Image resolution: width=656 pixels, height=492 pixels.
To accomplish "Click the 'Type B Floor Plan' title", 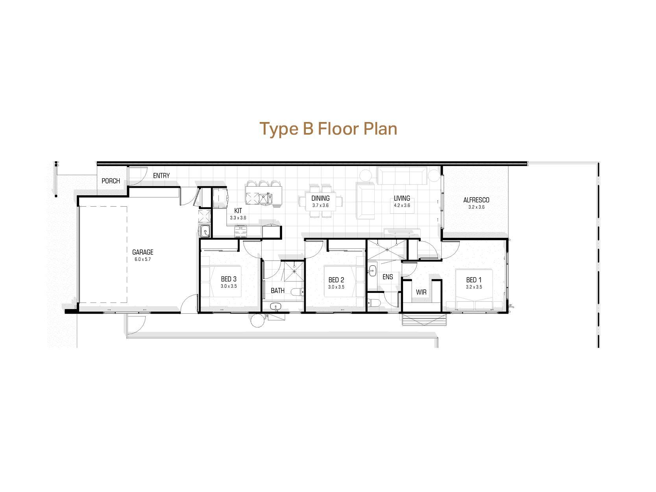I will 328,129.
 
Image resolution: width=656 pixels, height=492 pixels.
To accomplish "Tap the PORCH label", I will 111,181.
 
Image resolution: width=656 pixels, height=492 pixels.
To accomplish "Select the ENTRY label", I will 161,176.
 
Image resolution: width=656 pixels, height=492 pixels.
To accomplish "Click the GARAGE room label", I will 142,252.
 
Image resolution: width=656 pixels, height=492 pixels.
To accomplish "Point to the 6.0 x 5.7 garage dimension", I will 142,259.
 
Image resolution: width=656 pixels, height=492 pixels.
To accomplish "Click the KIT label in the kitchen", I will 238,211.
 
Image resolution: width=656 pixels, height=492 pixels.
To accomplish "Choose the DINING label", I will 320,198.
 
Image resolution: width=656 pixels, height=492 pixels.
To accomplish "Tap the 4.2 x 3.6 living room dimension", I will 402,205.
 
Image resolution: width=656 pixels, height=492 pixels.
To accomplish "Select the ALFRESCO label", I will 476,200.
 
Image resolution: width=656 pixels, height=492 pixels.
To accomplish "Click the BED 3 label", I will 229,279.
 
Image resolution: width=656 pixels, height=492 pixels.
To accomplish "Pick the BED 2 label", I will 336,280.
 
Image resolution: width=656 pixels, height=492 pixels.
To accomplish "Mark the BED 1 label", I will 474,280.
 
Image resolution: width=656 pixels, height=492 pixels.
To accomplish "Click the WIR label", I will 421,292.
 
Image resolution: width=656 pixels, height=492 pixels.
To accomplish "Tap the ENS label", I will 388,277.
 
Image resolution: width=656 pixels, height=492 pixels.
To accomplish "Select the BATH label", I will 277,291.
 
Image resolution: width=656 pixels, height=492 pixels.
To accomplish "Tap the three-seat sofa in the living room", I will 402,176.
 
